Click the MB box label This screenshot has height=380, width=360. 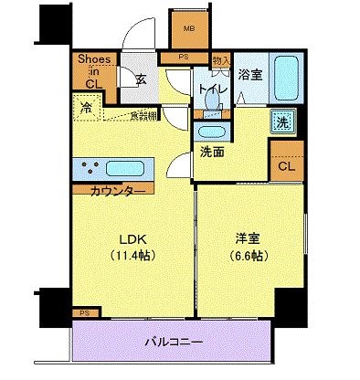189,27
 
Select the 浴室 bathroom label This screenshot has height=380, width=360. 249,74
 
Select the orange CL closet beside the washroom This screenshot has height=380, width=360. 286,167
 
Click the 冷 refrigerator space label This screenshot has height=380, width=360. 88,107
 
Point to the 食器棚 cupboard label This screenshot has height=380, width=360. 142,115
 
